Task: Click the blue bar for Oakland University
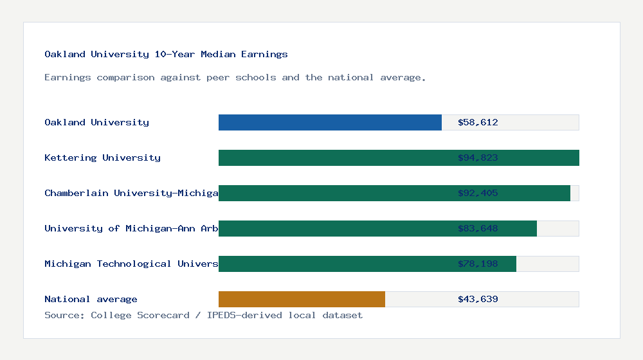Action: click(330, 122)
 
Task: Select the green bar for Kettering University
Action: click(334, 157)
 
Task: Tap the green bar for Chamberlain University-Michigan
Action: click(334, 193)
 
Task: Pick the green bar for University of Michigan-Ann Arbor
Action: click(334, 228)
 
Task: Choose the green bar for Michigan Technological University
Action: click(334, 264)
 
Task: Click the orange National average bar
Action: click(302, 299)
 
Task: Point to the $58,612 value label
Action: click(478, 122)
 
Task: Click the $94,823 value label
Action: click(478, 157)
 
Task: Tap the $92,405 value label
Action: click(478, 193)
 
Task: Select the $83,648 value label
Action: click(478, 228)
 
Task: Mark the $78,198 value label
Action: click(478, 264)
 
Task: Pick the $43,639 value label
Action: click(478, 299)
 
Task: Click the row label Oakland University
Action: click(96, 122)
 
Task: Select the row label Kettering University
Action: click(102, 157)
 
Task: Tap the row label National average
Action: click(91, 299)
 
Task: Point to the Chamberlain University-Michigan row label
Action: click(131, 193)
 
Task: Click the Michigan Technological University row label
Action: click(131, 264)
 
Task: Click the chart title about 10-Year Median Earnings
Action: click(166, 55)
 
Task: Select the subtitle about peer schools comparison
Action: click(235, 78)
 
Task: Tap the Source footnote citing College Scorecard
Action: click(203, 315)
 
